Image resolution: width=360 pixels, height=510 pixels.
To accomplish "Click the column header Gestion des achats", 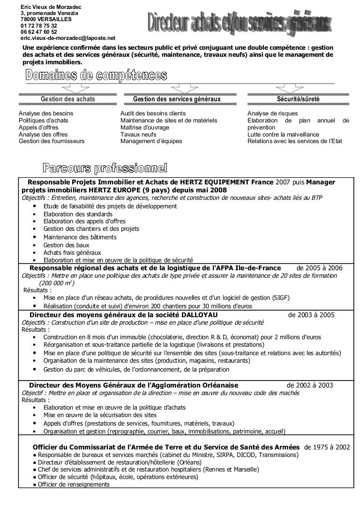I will click(68, 99).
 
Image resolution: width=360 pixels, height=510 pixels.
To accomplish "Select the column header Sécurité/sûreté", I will click(299, 99).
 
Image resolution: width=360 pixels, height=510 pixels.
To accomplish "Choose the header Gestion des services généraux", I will click(177, 99).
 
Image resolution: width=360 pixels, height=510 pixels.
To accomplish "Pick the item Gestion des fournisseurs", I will click(52, 141).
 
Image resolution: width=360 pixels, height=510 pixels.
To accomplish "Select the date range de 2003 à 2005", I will click(311, 315).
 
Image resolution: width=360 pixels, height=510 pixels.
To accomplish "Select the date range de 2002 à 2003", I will click(310, 385).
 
